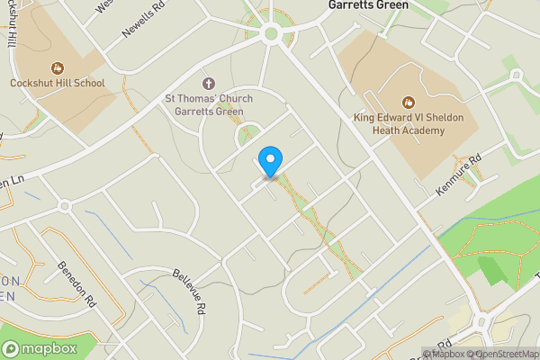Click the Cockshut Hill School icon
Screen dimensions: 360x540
click(58, 67)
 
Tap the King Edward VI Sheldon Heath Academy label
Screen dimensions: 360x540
click(400, 124)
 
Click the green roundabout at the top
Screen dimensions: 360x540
click(270, 34)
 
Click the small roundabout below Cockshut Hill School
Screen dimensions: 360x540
click(64, 206)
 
